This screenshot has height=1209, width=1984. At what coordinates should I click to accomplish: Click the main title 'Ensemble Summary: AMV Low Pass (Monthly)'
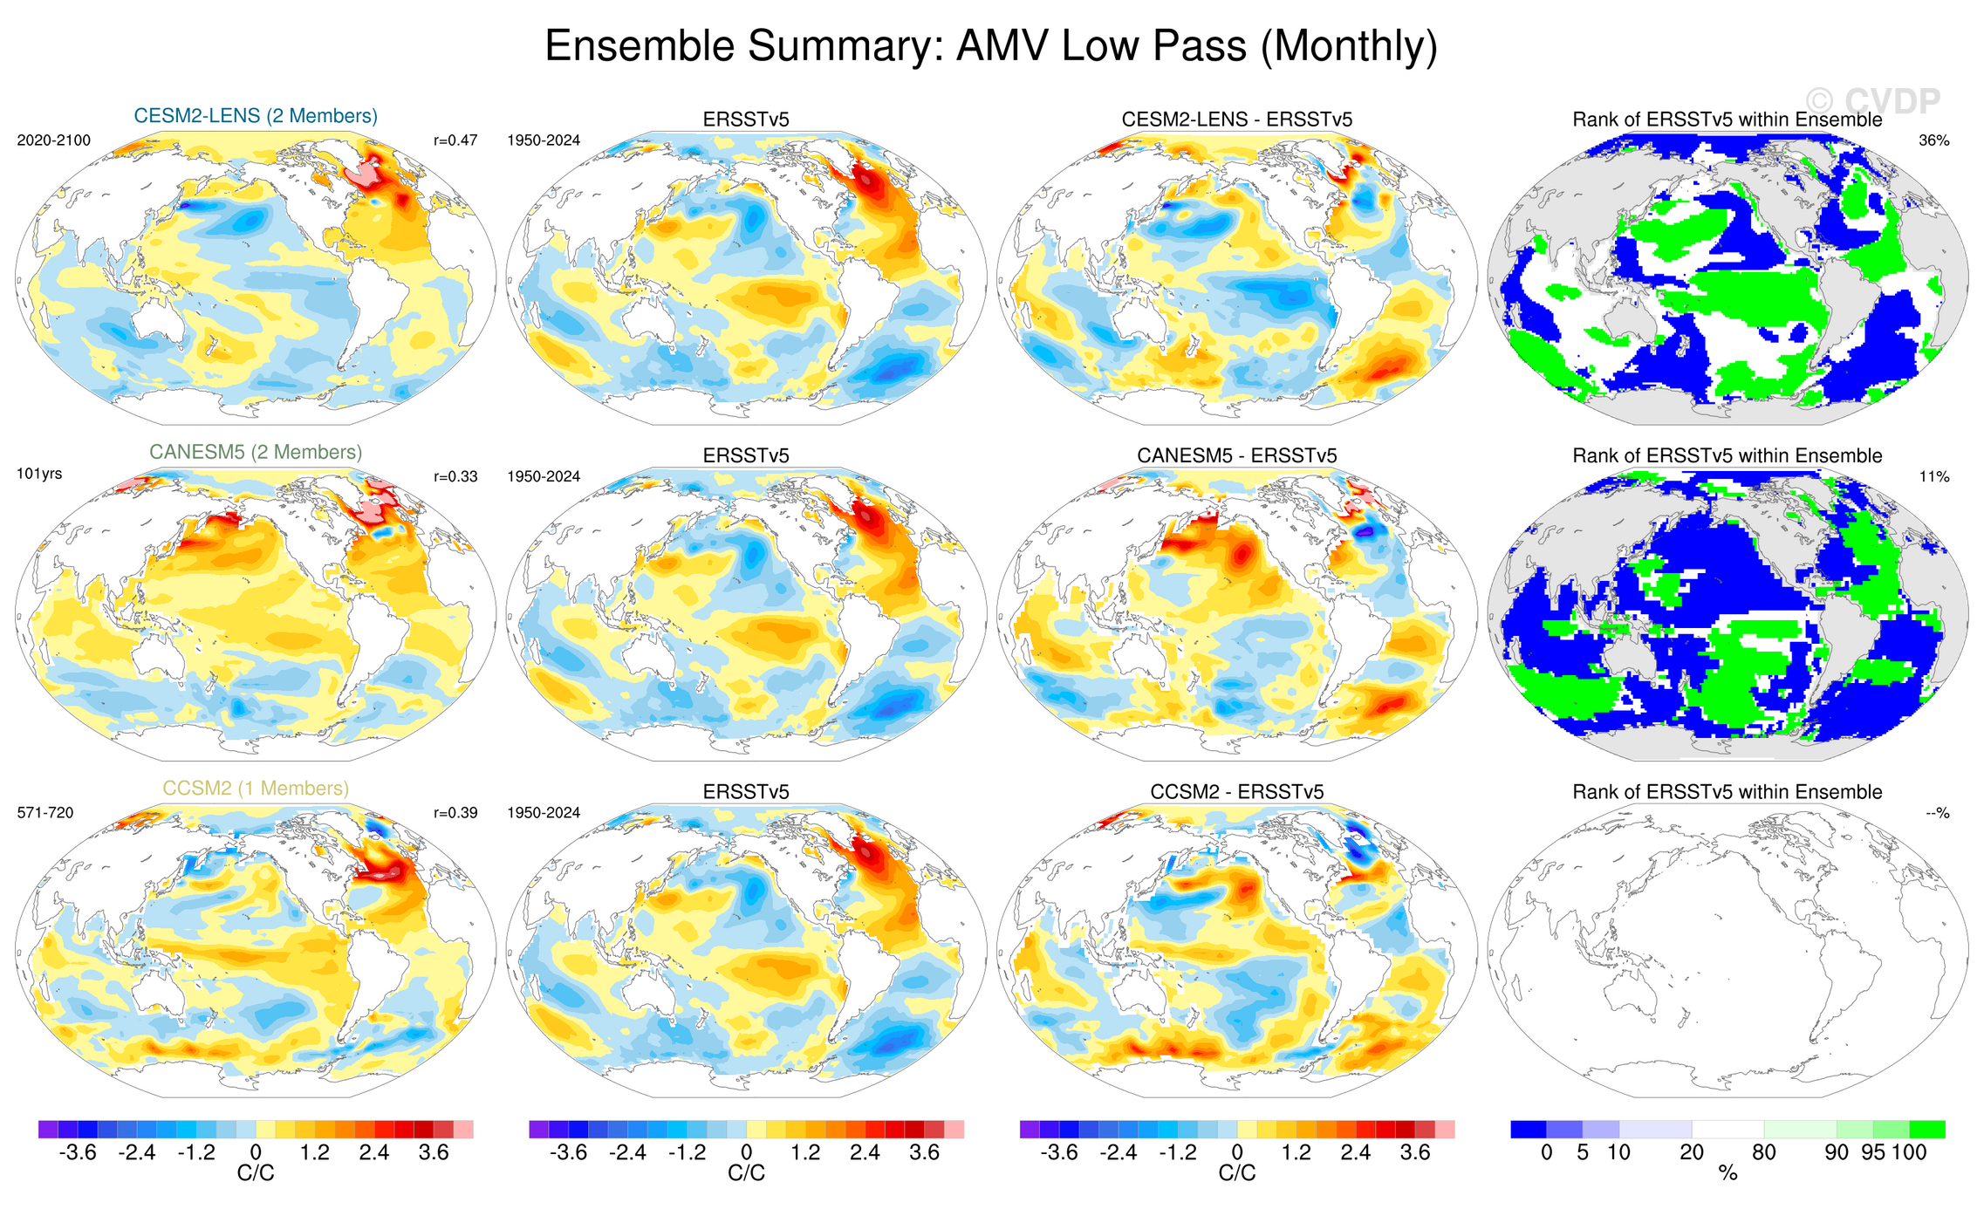coord(991,45)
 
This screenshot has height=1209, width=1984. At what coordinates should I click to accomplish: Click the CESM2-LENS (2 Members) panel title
coord(256,116)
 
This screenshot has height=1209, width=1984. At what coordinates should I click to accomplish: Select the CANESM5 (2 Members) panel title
coord(256,452)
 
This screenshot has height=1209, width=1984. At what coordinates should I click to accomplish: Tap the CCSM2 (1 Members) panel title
coord(256,789)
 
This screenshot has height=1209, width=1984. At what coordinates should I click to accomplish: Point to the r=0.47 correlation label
coord(455,140)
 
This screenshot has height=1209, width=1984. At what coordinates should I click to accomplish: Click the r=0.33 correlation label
coord(455,476)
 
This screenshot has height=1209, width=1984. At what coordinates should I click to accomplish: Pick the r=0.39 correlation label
coord(455,813)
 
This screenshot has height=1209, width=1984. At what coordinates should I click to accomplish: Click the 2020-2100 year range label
coord(54,140)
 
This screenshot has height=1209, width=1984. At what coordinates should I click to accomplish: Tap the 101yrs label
coord(39,475)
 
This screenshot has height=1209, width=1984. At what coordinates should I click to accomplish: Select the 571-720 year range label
coord(45,813)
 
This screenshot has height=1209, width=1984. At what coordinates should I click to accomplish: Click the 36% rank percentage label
coord(1933,140)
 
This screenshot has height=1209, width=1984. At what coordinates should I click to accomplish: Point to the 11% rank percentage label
coord(1933,476)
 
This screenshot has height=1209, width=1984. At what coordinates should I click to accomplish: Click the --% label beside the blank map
coord(1937,813)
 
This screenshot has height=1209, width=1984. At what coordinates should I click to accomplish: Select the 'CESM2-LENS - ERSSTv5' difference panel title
coord(1236,120)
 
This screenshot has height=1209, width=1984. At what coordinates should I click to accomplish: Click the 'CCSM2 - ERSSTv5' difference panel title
coord(1236,792)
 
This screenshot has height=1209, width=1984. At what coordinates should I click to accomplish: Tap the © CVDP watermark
coord(1871,102)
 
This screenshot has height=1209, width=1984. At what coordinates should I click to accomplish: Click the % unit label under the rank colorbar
coord(1727,1174)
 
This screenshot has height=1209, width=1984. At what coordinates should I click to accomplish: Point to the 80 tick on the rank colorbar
coord(1763,1152)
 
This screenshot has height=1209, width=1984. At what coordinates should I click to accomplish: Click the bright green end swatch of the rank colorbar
coord(1926,1130)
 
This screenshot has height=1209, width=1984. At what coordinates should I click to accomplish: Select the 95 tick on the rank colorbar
coord(1873,1152)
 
